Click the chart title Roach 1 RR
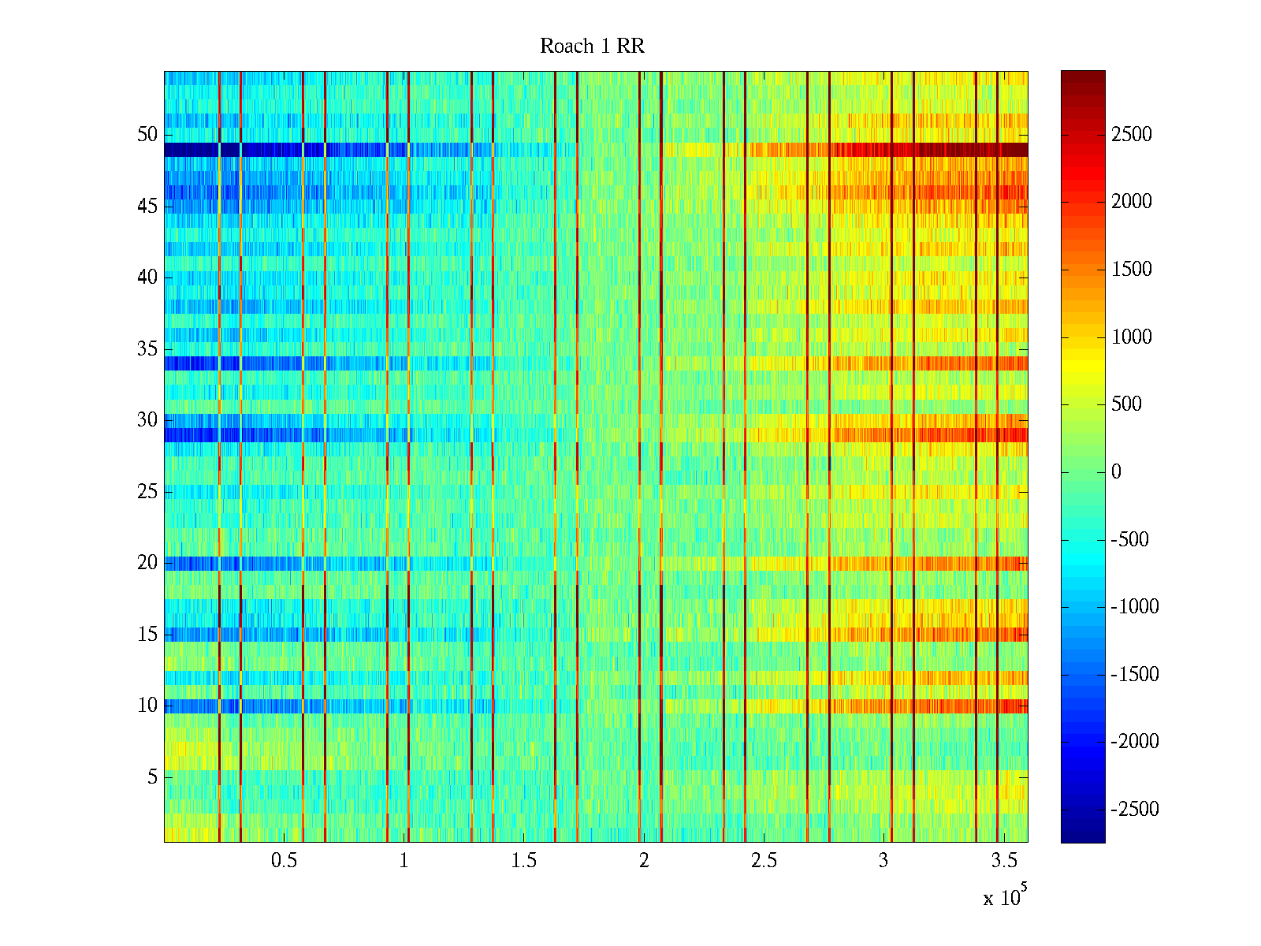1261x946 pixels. pos(592,47)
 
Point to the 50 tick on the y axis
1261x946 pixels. pos(147,134)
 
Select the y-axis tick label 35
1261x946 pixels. pos(147,348)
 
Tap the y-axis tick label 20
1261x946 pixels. pos(147,563)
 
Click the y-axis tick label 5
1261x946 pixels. pos(152,777)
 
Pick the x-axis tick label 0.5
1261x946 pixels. pos(284,861)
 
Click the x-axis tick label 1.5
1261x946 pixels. pos(523,861)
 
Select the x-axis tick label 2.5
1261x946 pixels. pos(764,861)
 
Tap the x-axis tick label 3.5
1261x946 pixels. pos(1003,861)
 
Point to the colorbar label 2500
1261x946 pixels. pos(1132,134)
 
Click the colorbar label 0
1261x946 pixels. pos(1116,472)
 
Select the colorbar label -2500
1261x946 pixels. pos(1135,810)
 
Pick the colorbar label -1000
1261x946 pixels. pos(1135,607)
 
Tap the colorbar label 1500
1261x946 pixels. pos(1132,270)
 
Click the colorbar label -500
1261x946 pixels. pos(1130,540)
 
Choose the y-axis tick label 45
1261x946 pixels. pos(147,206)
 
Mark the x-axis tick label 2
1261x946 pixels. pos(644,861)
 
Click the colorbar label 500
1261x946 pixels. pos(1126,404)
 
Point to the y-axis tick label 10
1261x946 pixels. pos(147,706)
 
